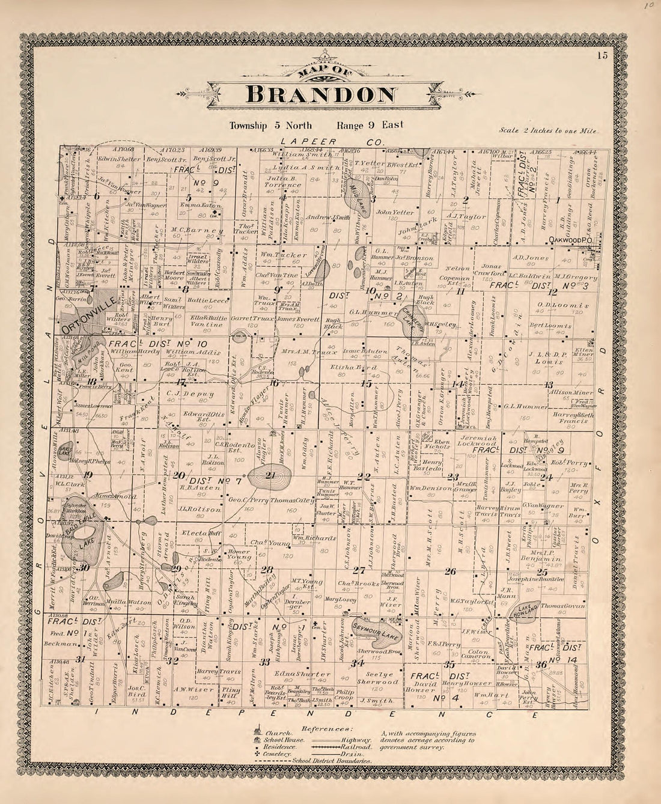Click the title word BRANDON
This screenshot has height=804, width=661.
[321, 95]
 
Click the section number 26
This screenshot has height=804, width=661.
[449, 571]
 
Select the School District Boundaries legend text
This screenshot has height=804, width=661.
[331, 761]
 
